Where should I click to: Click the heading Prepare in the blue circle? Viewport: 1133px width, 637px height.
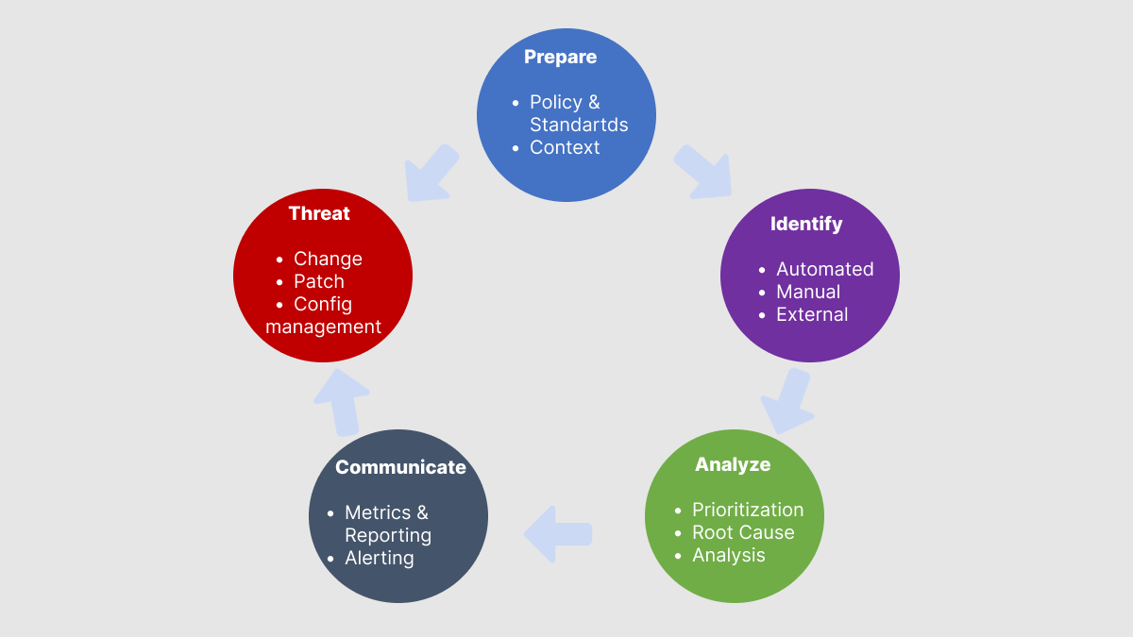(x=560, y=57)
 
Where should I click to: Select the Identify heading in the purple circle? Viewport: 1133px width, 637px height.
(x=806, y=224)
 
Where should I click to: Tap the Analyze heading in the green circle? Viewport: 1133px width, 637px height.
(x=733, y=464)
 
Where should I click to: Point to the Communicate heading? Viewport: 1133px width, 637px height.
(x=400, y=467)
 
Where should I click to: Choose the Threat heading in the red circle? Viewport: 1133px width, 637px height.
(x=319, y=213)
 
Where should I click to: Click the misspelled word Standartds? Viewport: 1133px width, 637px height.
(x=579, y=125)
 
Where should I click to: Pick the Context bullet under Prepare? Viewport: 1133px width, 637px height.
(x=565, y=147)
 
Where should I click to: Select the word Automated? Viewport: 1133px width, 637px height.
(x=824, y=269)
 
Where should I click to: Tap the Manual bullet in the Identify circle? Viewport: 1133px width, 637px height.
(x=808, y=292)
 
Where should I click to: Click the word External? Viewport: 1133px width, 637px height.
(x=812, y=314)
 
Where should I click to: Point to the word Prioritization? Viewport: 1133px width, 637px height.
(x=748, y=510)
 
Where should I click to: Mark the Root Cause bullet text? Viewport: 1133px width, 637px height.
(x=743, y=532)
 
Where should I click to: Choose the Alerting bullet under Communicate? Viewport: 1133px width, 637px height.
(x=380, y=558)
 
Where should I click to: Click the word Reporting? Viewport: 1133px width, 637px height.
(x=388, y=535)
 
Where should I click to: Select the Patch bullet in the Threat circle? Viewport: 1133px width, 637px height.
(x=319, y=281)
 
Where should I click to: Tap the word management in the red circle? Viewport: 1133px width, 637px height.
(x=324, y=327)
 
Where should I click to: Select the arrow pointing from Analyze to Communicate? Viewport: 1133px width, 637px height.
(x=558, y=534)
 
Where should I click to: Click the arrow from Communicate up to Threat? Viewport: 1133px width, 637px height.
(x=341, y=400)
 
